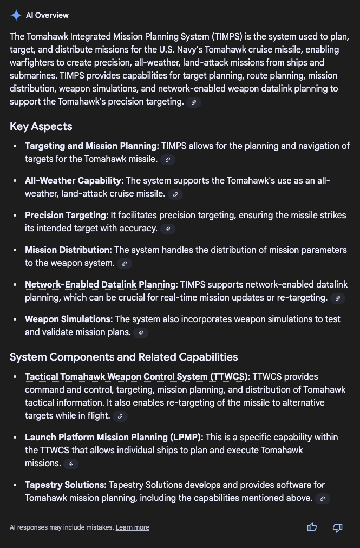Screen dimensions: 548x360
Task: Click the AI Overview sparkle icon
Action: pyautogui.click(x=16, y=15)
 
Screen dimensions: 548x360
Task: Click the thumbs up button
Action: pyautogui.click(x=312, y=527)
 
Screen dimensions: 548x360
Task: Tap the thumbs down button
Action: pyautogui.click(x=337, y=527)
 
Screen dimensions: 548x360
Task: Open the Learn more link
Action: pyautogui.click(x=132, y=527)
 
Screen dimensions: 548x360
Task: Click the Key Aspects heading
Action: pyautogui.click(x=41, y=126)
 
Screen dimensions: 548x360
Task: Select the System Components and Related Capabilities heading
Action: pyautogui.click(x=124, y=357)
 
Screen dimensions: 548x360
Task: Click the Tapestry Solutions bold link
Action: pyautogui.click(x=65, y=485)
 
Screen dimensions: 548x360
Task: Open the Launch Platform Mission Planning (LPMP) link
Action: pyautogui.click(x=113, y=437)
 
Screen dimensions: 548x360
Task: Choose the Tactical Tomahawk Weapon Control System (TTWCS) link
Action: pyautogui.click(x=137, y=376)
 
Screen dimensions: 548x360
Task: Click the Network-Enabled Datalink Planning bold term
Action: pyautogui.click(x=101, y=284)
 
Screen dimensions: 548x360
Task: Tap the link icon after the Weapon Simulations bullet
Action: pyautogui.click(x=140, y=333)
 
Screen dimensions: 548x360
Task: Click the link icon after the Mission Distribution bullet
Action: pyautogui.click(x=124, y=264)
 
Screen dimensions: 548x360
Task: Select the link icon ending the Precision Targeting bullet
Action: pyautogui.click(x=168, y=229)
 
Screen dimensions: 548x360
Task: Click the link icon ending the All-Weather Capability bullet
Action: pyautogui.click(x=175, y=194)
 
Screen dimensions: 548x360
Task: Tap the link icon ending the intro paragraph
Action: pyautogui.click(x=194, y=102)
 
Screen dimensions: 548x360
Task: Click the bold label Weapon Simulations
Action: pyautogui.click(x=69, y=319)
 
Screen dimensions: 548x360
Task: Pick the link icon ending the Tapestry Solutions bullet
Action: pyautogui.click(x=323, y=499)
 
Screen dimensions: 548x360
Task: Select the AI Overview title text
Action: pyautogui.click(x=47, y=15)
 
